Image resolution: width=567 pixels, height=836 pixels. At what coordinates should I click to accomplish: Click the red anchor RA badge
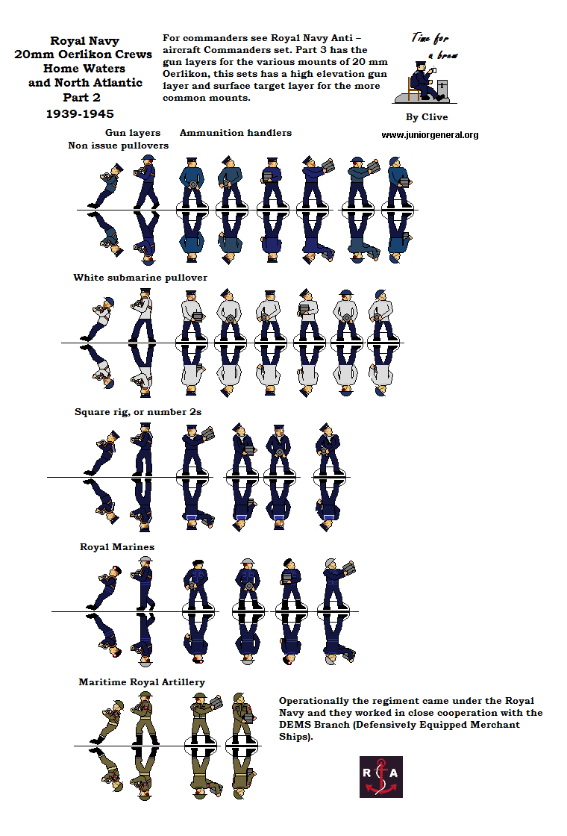point(380,777)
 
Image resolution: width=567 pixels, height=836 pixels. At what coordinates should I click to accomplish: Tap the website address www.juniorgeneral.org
point(430,135)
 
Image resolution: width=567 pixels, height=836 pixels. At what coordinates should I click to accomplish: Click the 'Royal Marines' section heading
point(117,546)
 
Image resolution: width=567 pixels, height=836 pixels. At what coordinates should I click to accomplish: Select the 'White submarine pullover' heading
point(140,277)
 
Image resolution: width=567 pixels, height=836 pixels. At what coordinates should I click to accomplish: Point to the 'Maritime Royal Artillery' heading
point(142,682)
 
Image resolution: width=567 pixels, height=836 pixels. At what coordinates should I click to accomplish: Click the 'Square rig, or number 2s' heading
point(138,411)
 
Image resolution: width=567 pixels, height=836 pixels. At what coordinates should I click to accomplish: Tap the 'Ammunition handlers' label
point(236,133)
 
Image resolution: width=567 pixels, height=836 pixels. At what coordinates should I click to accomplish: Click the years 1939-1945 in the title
point(80,113)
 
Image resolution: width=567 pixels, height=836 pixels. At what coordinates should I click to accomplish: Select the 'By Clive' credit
point(427,116)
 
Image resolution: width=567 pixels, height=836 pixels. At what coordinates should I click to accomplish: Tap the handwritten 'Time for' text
point(430,38)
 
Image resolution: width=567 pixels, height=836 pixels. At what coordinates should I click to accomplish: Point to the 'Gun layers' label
point(133,133)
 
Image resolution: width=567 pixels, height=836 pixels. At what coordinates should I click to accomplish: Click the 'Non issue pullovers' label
point(119,146)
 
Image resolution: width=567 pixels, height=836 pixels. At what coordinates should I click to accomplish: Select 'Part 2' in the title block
point(81,98)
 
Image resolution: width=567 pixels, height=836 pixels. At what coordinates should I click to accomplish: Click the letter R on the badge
point(366,773)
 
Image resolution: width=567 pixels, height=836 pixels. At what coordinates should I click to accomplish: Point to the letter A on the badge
point(393,773)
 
